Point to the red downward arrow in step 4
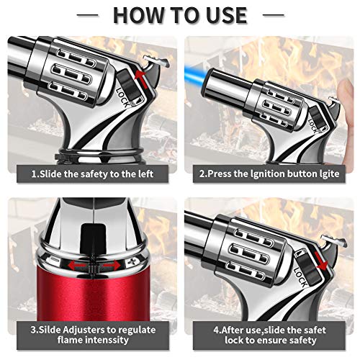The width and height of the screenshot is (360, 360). coord(321,261)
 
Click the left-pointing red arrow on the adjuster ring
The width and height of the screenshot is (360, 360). coord(77,265)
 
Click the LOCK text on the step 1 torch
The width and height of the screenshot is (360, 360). coord(123,97)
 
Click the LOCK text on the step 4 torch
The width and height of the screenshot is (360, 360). coord(300,277)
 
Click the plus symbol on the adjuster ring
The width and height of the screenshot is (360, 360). coord(132,262)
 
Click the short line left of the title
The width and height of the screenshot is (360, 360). coord(87,15)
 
